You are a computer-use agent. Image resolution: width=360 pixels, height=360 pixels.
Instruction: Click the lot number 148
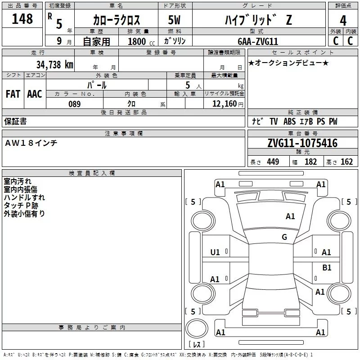click(x=22, y=19)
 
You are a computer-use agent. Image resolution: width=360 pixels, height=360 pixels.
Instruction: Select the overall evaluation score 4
click(x=343, y=21)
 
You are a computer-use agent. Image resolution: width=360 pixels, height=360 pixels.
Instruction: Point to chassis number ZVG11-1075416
click(x=302, y=144)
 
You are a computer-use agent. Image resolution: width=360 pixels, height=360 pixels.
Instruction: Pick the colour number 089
click(x=74, y=104)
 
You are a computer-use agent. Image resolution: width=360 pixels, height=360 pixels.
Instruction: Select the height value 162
click(x=346, y=162)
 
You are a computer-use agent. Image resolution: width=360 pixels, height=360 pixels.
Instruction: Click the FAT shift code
click(x=13, y=94)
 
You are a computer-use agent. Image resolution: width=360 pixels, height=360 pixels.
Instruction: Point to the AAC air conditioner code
click(x=35, y=94)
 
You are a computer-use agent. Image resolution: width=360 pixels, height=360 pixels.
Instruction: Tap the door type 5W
click(x=175, y=20)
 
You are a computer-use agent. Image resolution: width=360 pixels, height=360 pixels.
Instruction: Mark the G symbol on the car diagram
click(x=284, y=237)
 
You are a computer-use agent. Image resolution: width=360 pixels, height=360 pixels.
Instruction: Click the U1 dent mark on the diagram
click(x=215, y=252)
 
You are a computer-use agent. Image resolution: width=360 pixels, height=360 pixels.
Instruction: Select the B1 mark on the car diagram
click(x=327, y=268)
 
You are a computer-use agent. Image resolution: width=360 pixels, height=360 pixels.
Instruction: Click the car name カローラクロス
click(x=117, y=20)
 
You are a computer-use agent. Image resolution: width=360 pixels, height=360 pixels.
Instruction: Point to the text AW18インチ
click(x=31, y=143)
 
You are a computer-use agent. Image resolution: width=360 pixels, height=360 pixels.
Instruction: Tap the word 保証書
click(x=15, y=121)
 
